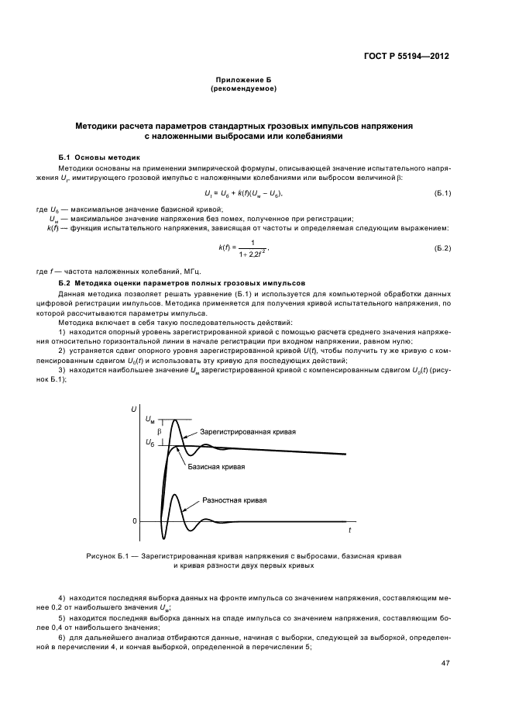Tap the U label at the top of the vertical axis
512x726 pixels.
tap(135, 408)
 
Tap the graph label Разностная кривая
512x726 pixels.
tap(234, 500)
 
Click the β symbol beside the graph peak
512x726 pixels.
tap(160, 430)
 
